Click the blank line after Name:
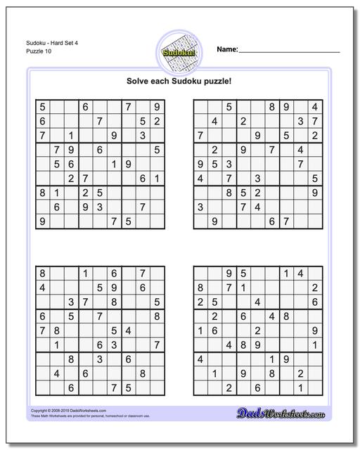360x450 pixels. coord(290,51)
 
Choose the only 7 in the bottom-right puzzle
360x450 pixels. coord(228,287)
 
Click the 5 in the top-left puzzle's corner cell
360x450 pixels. coord(43,107)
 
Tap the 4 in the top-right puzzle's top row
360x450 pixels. coord(315,107)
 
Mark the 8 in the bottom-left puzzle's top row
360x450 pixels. coord(43,272)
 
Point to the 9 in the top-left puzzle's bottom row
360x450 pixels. coord(43,221)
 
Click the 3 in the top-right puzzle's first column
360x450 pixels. coord(200,207)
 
